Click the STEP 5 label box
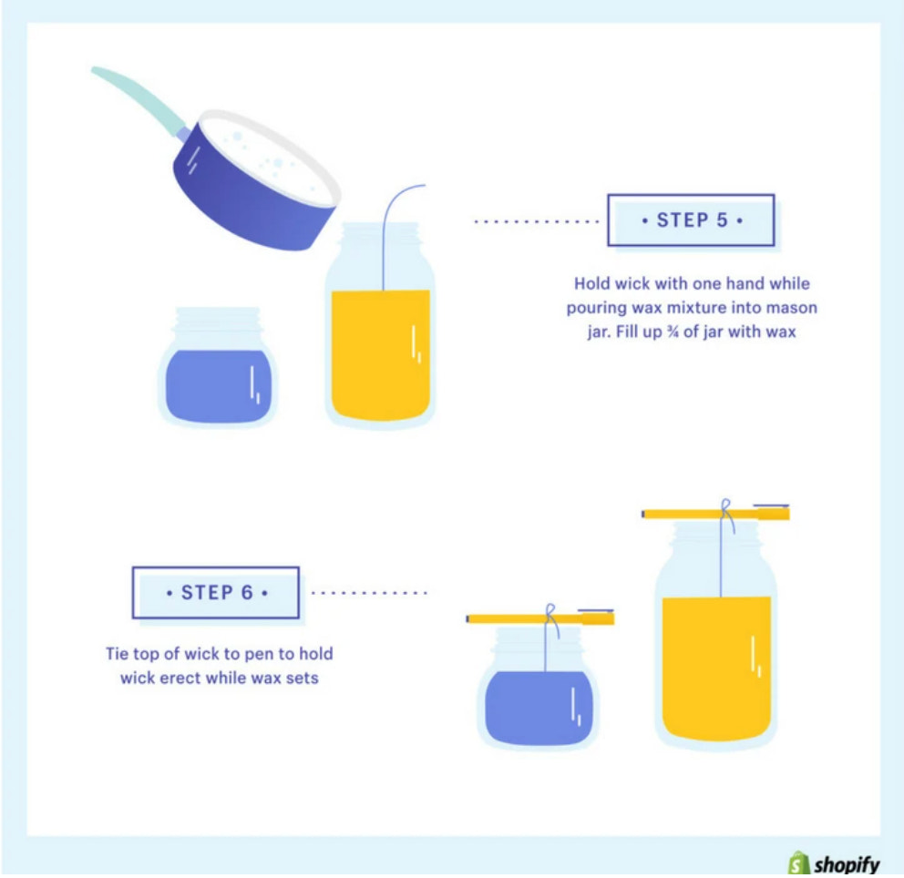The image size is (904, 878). click(691, 220)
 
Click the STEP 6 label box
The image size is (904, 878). click(216, 593)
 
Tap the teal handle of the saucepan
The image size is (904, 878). click(137, 95)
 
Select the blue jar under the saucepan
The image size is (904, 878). click(219, 383)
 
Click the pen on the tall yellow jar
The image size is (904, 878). click(693, 515)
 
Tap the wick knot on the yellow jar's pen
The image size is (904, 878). click(725, 508)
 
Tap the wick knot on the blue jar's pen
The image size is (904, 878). click(550, 613)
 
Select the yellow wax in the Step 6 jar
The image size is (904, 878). click(715, 665)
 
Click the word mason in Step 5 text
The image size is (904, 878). click(793, 308)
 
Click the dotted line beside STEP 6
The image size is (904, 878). click(369, 593)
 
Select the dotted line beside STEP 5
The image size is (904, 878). click(536, 220)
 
